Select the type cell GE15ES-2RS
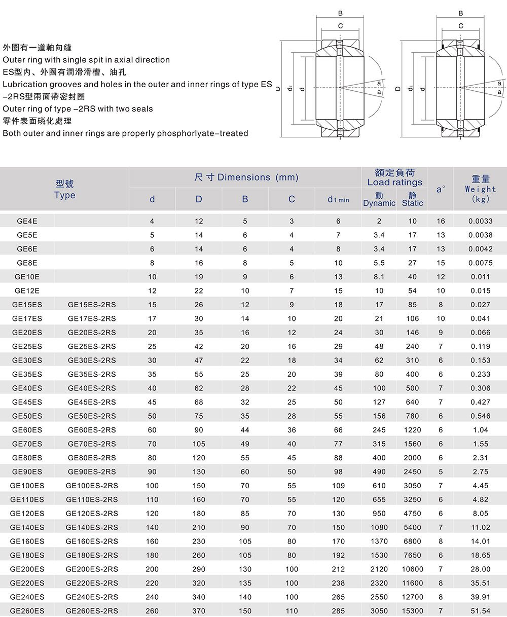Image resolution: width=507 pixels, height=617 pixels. click(x=92, y=305)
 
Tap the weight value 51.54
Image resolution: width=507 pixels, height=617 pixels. click(x=481, y=611)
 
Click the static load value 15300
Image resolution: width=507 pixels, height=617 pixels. click(x=412, y=611)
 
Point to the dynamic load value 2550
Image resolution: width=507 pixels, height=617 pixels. click(x=379, y=597)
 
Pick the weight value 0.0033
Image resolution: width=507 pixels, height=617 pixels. click(x=481, y=221)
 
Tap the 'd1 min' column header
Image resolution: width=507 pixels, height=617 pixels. click(x=338, y=200)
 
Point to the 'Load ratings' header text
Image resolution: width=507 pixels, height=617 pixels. click(x=394, y=182)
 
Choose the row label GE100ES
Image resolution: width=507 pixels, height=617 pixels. click(x=27, y=486)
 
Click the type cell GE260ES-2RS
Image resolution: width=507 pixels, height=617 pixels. click(x=92, y=611)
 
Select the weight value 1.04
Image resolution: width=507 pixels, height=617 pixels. click(x=481, y=430)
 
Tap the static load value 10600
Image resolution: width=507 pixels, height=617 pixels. click(x=412, y=569)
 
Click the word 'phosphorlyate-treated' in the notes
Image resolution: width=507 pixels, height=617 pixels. click(x=203, y=133)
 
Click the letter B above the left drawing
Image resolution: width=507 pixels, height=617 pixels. click(x=340, y=14)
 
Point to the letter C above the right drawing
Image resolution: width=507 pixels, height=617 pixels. click(x=461, y=25)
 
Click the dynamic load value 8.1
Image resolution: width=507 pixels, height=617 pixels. click(x=379, y=277)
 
